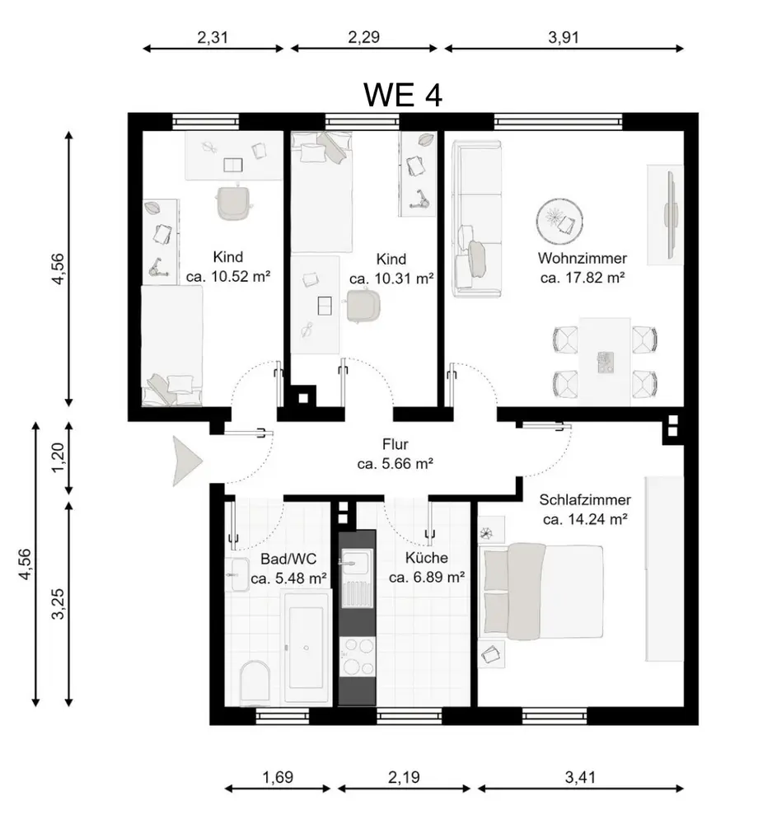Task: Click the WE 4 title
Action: pyautogui.click(x=403, y=95)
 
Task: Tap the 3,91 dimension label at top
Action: pyautogui.click(x=563, y=37)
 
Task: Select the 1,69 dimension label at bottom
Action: pyautogui.click(x=278, y=777)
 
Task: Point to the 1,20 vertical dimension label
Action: pyautogui.click(x=58, y=457)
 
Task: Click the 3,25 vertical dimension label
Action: pyautogui.click(x=58, y=604)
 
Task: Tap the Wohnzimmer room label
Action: pyautogui.click(x=582, y=258)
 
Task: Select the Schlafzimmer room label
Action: pyautogui.click(x=585, y=499)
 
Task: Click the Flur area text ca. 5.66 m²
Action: pyautogui.click(x=395, y=464)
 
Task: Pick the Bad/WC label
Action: pyautogui.click(x=288, y=559)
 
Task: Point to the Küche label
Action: pyautogui.click(x=427, y=558)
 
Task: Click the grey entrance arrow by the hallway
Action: pyautogui.click(x=187, y=461)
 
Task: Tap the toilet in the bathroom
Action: pyautogui.click(x=255, y=683)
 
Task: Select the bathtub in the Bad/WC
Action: pyautogui.click(x=307, y=648)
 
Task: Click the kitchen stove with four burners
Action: pyautogui.click(x=357, y=657)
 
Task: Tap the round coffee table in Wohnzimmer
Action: pyautogui.click(x=560, y=221)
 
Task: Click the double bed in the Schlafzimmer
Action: pyautogui.click(x=543, y=591)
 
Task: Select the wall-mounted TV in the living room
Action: pyautogui.click(x=671, y=214)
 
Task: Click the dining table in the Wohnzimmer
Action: pyautogui.click(x=605, y=361)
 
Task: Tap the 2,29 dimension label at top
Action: pyautogui.click(x=363, y=37)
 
